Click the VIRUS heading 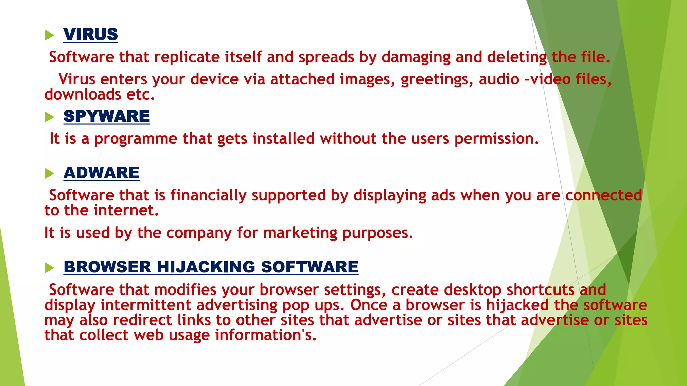pos(91,34)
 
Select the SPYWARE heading pos(107,116)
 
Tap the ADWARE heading pos(101,173)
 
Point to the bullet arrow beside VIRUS pos(49,35)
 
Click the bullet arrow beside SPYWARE pos(49,117)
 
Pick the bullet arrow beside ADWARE pos(49,173)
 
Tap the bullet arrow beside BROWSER pos(49,268)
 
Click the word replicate pos(187,57)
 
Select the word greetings pos(437,80)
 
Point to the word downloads pos(83,94)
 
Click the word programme pos(136,139)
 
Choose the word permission pos(496,139)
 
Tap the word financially pos(208,195)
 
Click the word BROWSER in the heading pos(108,267)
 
